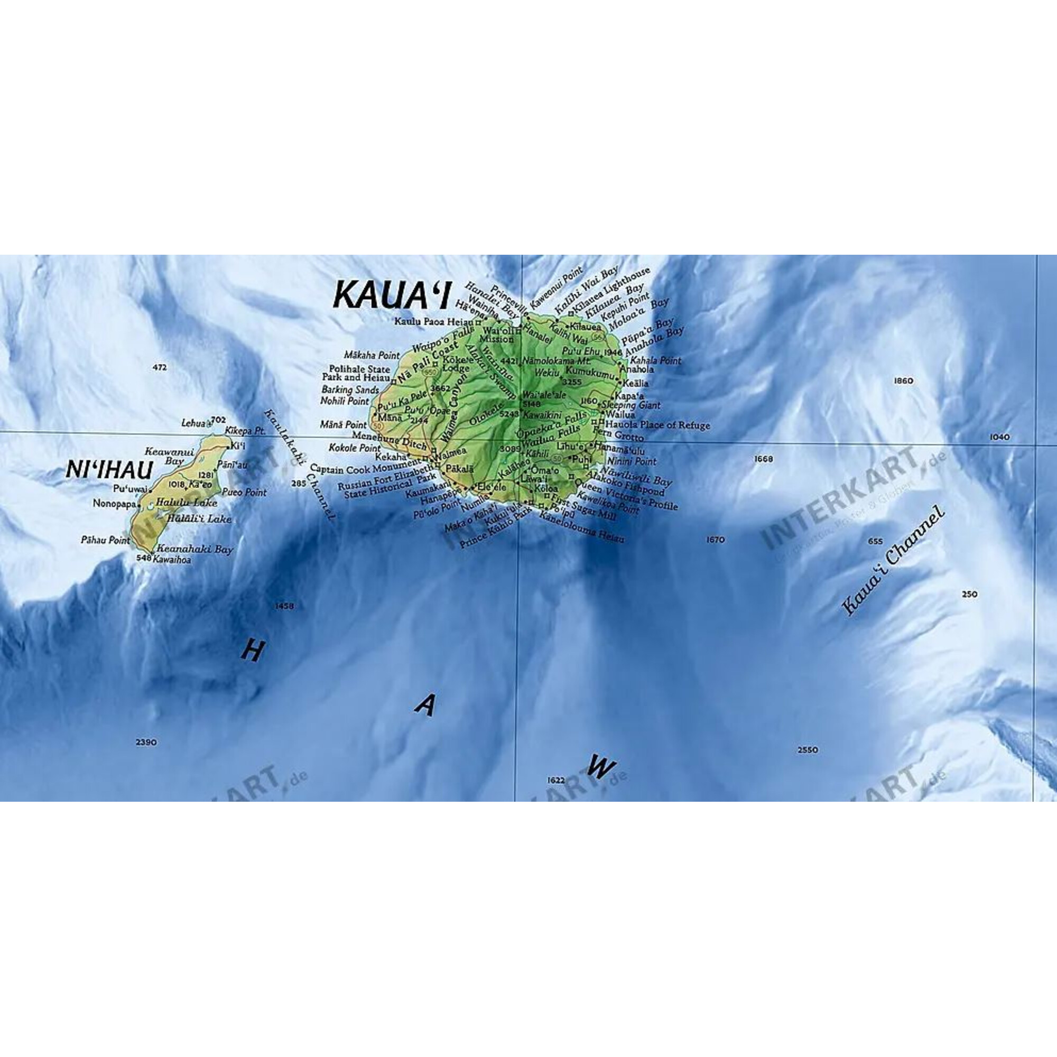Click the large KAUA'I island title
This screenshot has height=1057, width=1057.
pos(391,295)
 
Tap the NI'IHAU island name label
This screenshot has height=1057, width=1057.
pos(109,469)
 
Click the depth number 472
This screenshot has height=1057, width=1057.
pos(159,368)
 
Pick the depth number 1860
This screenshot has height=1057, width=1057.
pos(903,381)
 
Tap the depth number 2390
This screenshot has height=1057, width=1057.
pos(146,743)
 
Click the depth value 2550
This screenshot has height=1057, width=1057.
pos(808,750)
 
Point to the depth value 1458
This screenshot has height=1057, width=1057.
pos(284,606)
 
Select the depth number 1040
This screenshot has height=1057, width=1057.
pos(999,437)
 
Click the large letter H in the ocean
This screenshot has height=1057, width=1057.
pos(252,652)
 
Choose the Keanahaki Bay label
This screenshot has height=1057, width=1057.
pos(195,549)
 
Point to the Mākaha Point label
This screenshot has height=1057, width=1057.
pos(372,356)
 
